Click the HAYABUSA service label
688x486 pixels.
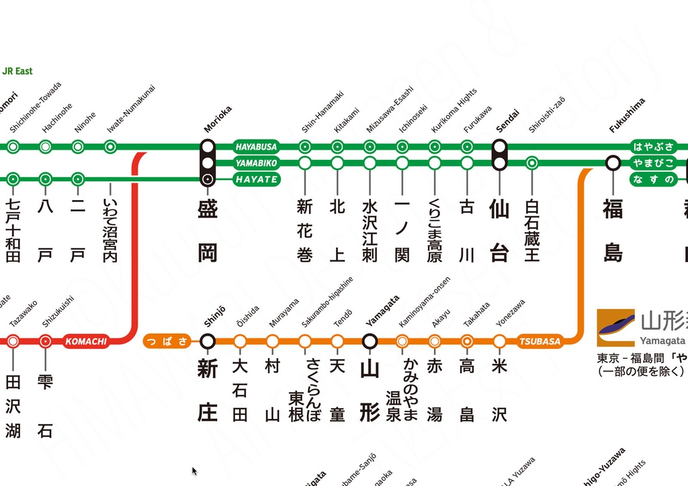(256, 146)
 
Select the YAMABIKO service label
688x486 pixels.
(256, 163)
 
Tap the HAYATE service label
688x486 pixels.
(256, 179)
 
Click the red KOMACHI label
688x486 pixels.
(86, 341)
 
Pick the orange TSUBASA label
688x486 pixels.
(540, 341)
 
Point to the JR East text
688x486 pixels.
(17, 71)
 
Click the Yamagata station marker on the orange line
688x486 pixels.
(370, 341)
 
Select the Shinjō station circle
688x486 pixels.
(208, 341)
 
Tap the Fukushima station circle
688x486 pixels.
(613, 162)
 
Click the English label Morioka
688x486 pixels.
(218, 119)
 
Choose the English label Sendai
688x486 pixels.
(507, 118)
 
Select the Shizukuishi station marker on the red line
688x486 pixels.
(45, 341)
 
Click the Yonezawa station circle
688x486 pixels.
(499, 341)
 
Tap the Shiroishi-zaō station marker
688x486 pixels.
(532, 162)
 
